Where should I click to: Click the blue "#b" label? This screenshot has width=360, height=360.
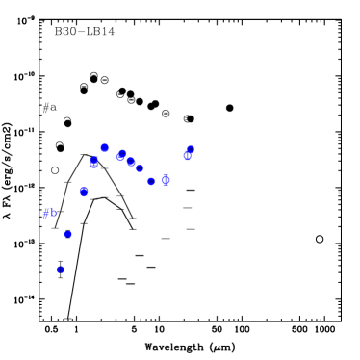click(49, 213)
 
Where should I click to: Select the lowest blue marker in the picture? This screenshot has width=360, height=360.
click(61, 270)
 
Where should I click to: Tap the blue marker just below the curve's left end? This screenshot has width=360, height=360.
click(68, 234)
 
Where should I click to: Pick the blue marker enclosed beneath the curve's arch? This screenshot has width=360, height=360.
click(84, 193)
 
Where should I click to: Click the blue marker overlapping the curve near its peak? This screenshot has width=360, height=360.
click(94, 163)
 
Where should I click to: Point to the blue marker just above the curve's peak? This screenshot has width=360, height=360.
click(105, 148)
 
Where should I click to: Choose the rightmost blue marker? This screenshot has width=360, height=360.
click(190, 151)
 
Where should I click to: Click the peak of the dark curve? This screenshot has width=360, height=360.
click(85, 154)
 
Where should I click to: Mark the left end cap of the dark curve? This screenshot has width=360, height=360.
click(56, 227)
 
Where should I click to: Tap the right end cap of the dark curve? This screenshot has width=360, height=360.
click(133, 219)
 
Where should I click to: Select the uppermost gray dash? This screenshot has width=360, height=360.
click(188, 208)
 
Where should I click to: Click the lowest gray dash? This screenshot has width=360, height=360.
click(166, 239)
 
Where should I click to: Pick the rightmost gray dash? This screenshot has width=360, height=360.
click(191, 229)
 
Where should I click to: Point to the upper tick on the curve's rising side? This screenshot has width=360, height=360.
click(68, 182)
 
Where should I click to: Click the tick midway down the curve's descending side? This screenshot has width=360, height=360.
click(121, 196)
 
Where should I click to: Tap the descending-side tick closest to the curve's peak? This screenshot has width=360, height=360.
click(104, 168)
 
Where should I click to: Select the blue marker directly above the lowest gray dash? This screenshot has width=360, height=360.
click(166, 180)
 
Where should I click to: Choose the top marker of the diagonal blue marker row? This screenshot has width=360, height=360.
click(122, 154)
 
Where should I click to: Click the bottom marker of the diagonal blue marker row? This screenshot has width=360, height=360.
click(151, 181)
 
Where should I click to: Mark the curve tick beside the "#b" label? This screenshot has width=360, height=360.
click(60, 212)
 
